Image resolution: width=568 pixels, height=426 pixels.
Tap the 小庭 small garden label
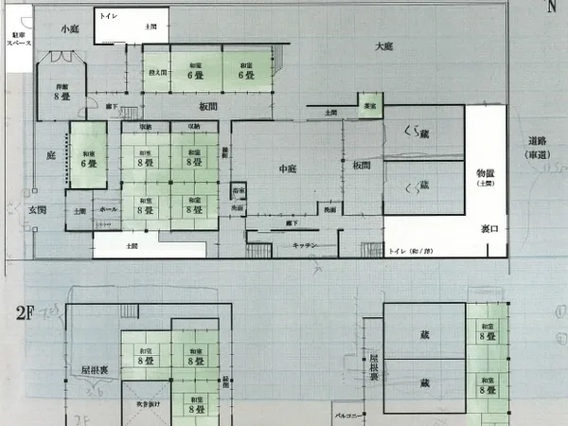(69, 29)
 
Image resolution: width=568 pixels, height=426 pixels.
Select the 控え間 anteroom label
(156, 72)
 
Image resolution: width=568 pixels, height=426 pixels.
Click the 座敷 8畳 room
(62, 92)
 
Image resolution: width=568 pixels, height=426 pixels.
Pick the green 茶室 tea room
(370, 105)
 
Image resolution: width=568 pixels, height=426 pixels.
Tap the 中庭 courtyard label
(288, 169)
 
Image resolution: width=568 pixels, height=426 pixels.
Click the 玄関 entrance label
(37, 209)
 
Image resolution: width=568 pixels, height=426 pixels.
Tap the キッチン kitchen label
(305, 245)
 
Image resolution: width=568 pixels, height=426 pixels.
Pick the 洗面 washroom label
(329, 208)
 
